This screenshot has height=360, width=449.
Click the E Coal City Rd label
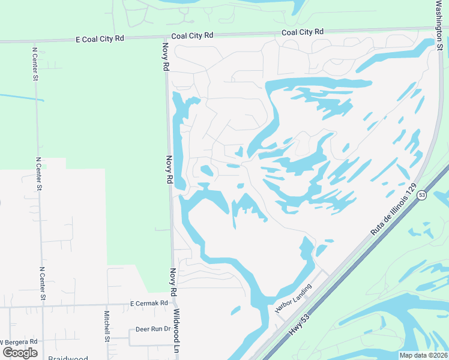(100, 38)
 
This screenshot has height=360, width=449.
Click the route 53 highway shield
(422, 196)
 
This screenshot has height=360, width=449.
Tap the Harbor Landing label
(294, 298)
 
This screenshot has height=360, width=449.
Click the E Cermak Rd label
(149, 304)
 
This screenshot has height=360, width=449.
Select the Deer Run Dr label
(153, 329)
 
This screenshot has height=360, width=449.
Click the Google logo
(20, 353)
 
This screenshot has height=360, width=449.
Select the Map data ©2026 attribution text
(423, 355)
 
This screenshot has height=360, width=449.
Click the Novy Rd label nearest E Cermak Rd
(173, 282)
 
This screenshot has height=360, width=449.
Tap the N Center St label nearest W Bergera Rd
(42, 284)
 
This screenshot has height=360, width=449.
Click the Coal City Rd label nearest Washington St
(303, 32)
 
